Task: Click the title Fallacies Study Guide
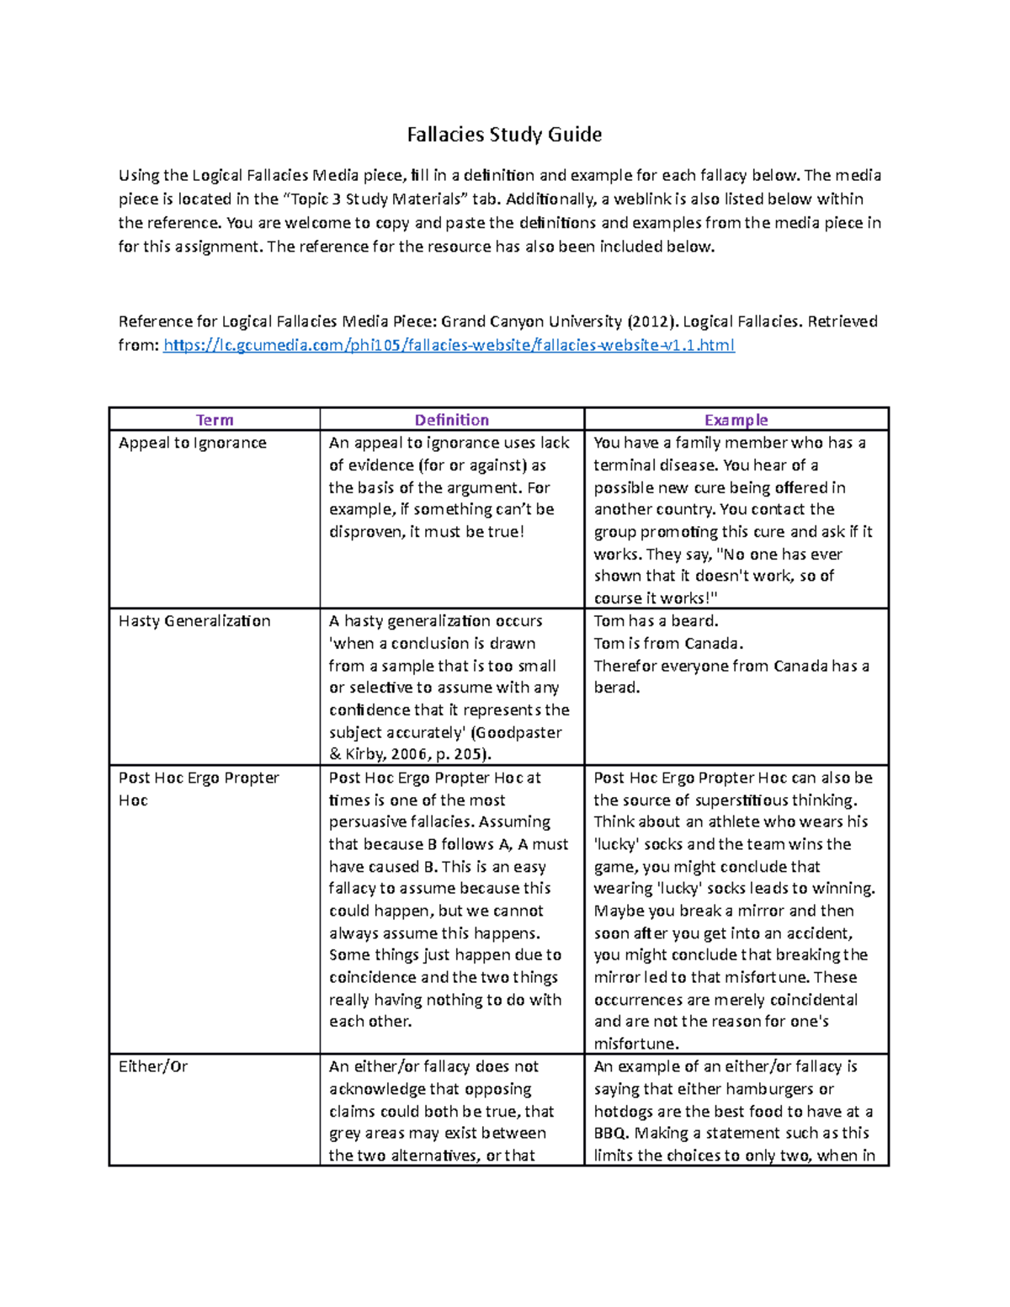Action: pyautogui.click(x=504, y=135)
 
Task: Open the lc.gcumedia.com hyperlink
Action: pyautogui.click(x=449, y=345)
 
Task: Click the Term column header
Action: pyautogui.click(x=215, y=420)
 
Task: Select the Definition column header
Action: pyautogui.click(x=451, y=420)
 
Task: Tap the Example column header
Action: pyautogui.click(x=736, y=420)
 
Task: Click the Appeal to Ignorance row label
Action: pyautogui.click(x=192, y=443)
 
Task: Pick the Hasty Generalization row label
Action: pyautogui.click(x=194, y=621)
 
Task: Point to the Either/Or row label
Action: pyautogui.click(x=152, y=1066)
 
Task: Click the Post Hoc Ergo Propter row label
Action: pyautogui.click(x=199, y=778)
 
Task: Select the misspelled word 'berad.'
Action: pyautogui.click(x=617, y=688)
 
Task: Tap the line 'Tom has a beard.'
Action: pyautogui.click(x=656, y=621)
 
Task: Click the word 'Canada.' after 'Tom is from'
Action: pyautogui.click(x=715, y=644)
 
